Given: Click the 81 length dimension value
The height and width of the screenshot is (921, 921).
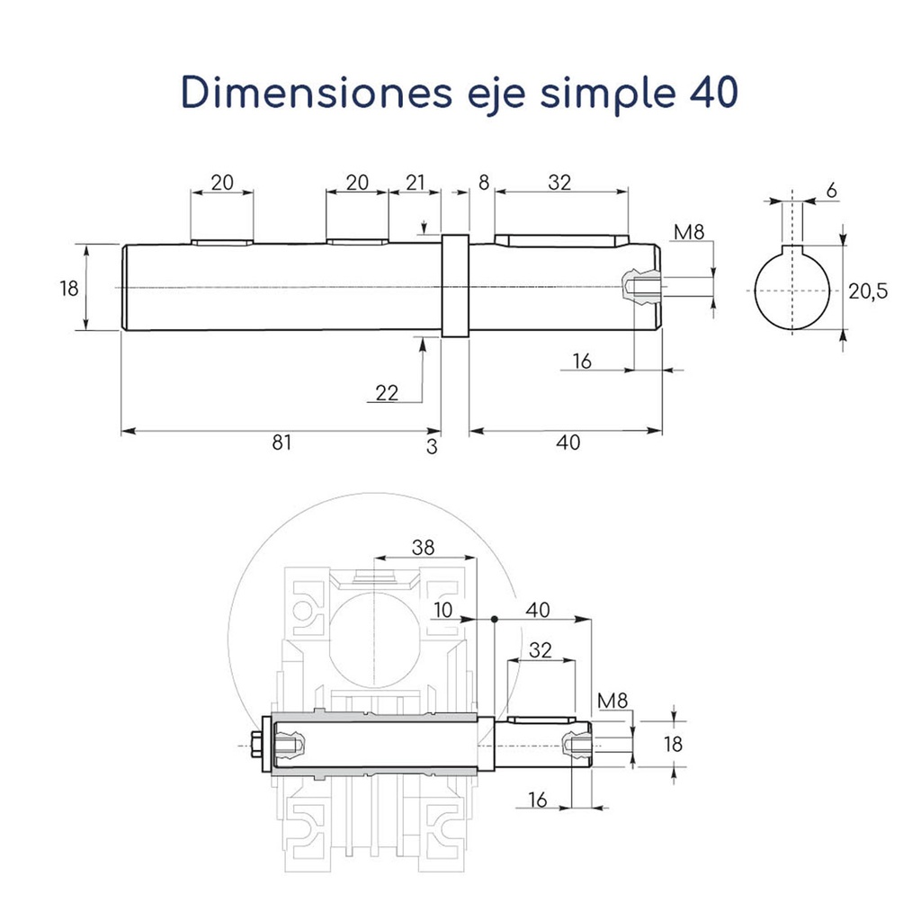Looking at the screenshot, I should point(282,443).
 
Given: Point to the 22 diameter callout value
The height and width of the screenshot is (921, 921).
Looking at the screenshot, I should point(387,392).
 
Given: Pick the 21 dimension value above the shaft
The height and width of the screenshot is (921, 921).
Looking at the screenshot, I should point(415,183).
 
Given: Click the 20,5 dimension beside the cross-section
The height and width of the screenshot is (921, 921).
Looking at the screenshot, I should point(868,291).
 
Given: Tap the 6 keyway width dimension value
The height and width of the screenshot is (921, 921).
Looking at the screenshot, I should point(830,190).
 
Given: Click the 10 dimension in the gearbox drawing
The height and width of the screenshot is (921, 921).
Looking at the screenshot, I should point(443,610).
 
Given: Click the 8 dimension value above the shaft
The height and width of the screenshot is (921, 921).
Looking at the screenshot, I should point(484,183).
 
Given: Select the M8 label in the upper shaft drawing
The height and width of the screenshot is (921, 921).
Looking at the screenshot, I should point(688,234).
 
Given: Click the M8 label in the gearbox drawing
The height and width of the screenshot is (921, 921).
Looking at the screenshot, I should point(612,700).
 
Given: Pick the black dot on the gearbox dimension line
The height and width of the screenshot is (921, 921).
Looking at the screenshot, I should point(496,619).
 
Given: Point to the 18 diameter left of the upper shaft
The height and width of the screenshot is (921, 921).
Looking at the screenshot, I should point(69,289).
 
